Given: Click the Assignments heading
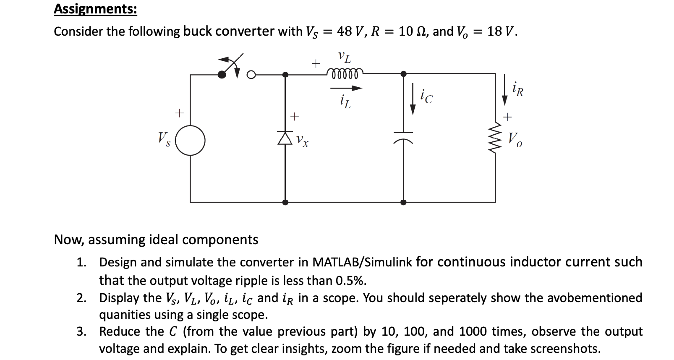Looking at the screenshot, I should tap(95, 9).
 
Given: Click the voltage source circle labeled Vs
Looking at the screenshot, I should tap(190, 140).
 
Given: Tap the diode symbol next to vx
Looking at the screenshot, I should tap(285, 137).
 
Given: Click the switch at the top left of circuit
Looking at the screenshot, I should tap(233, 70).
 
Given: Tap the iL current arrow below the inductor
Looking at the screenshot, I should tap(346, 89).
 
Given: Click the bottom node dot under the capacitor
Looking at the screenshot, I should tap(403, 202).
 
